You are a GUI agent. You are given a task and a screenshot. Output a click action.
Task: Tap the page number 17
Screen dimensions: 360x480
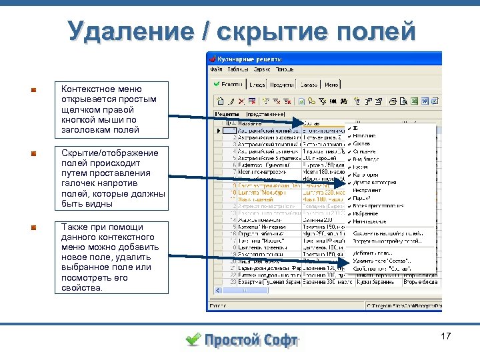pos(446,337)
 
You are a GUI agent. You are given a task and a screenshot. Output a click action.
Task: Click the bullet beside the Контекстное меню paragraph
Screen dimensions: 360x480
pos(33,89)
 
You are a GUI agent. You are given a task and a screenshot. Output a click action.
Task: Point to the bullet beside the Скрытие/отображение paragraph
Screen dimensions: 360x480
pos(33,153)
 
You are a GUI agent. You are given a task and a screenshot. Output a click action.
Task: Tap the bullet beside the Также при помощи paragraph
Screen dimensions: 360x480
pos(33,227)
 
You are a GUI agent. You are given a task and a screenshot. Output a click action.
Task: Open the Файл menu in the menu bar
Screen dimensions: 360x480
pos(217,69)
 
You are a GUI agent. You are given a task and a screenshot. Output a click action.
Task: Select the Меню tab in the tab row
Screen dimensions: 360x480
pos(332,85)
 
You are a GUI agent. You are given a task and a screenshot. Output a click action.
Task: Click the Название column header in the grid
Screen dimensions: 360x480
pos(249,124)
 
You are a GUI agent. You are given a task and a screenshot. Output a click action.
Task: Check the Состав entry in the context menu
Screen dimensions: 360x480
pos(363,143)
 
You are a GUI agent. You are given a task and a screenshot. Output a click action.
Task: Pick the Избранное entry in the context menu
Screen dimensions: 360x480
pos(366,213)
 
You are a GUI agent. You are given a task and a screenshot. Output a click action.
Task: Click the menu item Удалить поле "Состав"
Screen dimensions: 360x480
pos(382,261)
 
